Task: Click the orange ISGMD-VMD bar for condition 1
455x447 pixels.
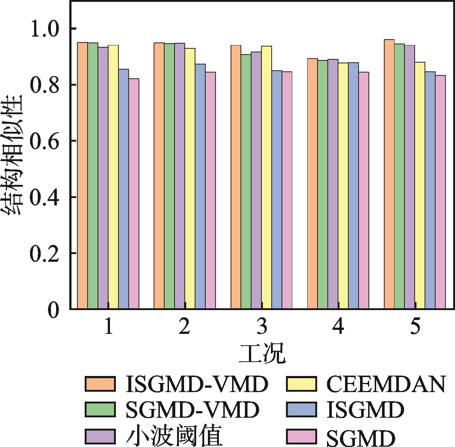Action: coord(82,176)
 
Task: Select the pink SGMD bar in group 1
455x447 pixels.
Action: coord(134,194)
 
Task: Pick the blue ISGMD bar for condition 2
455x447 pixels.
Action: coord(200,187)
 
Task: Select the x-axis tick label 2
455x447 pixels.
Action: coord(184,327)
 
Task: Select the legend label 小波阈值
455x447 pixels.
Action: coord(174,436)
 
